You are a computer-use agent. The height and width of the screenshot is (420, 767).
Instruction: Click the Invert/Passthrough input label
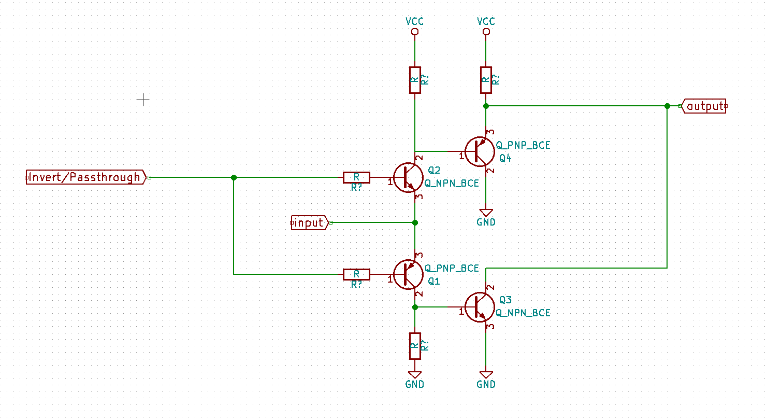pos(86,177)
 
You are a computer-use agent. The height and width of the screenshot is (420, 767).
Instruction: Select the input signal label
pos(310,223)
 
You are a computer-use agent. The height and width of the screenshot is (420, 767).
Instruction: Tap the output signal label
pos(704,106)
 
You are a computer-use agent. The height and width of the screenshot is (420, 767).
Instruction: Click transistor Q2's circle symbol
pos(408,178)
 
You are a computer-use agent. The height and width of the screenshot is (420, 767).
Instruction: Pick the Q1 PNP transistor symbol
pos(408,274)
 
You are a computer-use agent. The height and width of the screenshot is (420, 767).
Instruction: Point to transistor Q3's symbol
pos(480,307)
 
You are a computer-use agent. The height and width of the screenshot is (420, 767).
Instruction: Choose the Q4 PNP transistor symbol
pos(480,151)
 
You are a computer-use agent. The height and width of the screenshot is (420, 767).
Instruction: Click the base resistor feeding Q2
pos(356,178)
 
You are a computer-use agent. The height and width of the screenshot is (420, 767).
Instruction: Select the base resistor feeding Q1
pos(356,274)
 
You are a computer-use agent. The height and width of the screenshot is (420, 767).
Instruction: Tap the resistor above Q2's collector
pos(415,80)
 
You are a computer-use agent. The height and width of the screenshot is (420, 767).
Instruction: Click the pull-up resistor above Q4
pos(486,80)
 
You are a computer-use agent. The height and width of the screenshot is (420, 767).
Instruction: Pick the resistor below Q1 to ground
pos(415,346)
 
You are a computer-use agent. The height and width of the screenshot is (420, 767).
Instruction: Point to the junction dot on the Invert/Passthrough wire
pos(234,178)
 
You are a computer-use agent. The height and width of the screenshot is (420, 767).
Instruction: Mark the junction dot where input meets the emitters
pos(415,223)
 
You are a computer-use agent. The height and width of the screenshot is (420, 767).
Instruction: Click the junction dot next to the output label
pos(667,106)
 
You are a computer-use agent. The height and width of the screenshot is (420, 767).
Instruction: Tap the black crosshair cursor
pos(143,100)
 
